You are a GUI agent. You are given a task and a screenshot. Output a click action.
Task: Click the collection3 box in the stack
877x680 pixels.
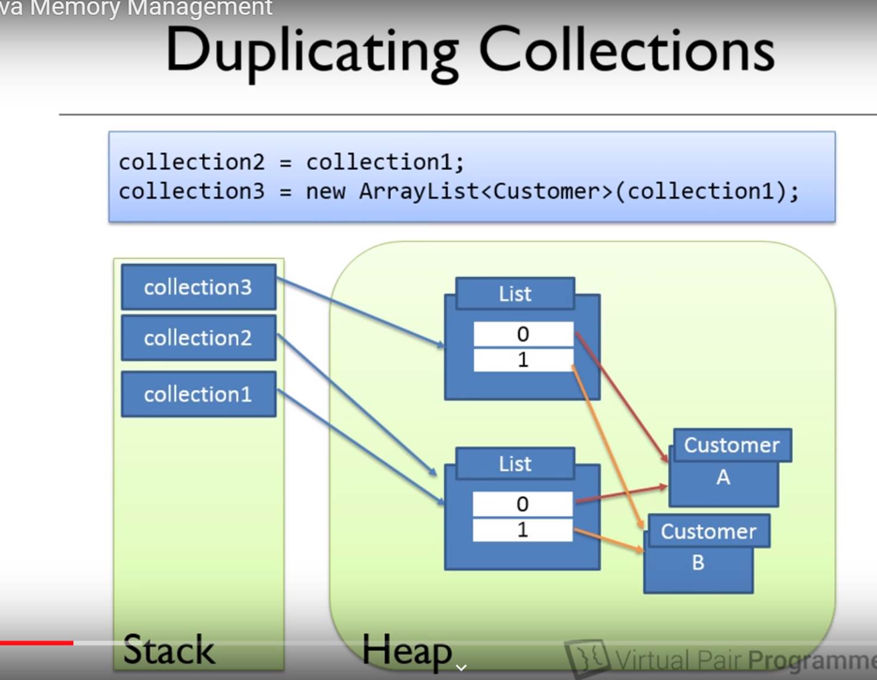coord(198,287)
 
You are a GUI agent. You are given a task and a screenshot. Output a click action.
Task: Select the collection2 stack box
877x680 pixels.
coord(198,338)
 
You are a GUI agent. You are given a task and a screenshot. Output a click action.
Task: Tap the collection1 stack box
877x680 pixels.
coord(198,394)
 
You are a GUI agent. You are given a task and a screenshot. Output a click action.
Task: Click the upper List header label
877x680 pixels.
coord(515,294)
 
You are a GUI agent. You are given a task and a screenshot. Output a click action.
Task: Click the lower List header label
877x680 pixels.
coord(515,464)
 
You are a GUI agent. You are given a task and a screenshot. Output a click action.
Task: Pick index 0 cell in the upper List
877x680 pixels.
coord(523,334)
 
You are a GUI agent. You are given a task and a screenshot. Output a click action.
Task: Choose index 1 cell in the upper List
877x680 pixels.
coord(523,360)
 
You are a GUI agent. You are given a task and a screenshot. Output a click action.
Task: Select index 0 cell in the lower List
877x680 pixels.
coord(523,504)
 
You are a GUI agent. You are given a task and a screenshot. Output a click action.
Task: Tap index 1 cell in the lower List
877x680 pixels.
coord(523,530)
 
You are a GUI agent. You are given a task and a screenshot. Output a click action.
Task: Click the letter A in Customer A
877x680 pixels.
coord(723,477)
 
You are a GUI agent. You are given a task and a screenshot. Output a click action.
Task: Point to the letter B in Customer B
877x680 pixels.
coord(698,562)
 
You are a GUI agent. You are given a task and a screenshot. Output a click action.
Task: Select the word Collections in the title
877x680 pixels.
coord(626,50)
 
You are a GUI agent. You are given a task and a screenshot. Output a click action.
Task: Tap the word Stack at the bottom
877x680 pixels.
coord(169,650)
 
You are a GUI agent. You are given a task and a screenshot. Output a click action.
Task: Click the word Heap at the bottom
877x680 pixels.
coord(407,651)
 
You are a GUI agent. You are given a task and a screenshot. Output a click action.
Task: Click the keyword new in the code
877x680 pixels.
coord(325,192)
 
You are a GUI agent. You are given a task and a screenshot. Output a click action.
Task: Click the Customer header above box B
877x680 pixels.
coord(708,532)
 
